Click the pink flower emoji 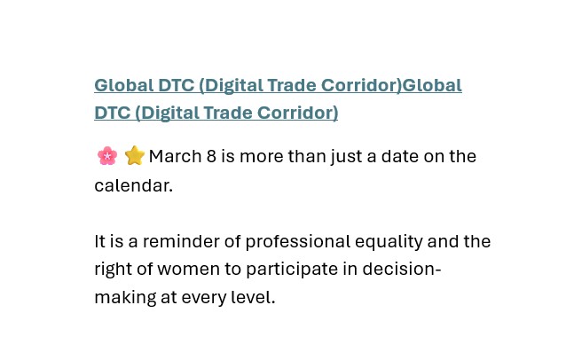(107, 156)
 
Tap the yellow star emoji (134, 155)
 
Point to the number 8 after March (211, 156)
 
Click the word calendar (134, 186)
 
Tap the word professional (298, 242)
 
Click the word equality (389, 242)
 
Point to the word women (188, 269)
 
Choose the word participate (292, 270)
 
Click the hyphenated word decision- (402, 269)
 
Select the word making (125, 298)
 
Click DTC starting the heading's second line (113, 113)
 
